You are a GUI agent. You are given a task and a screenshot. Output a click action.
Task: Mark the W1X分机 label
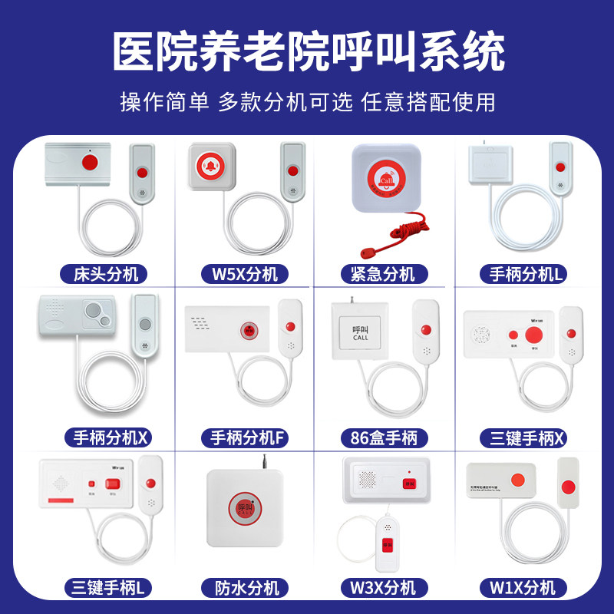pos(522,588)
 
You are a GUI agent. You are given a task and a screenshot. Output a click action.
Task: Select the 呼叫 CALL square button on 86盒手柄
pos(361,330)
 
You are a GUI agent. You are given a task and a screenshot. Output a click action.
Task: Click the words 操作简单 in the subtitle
pos(164,102)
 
